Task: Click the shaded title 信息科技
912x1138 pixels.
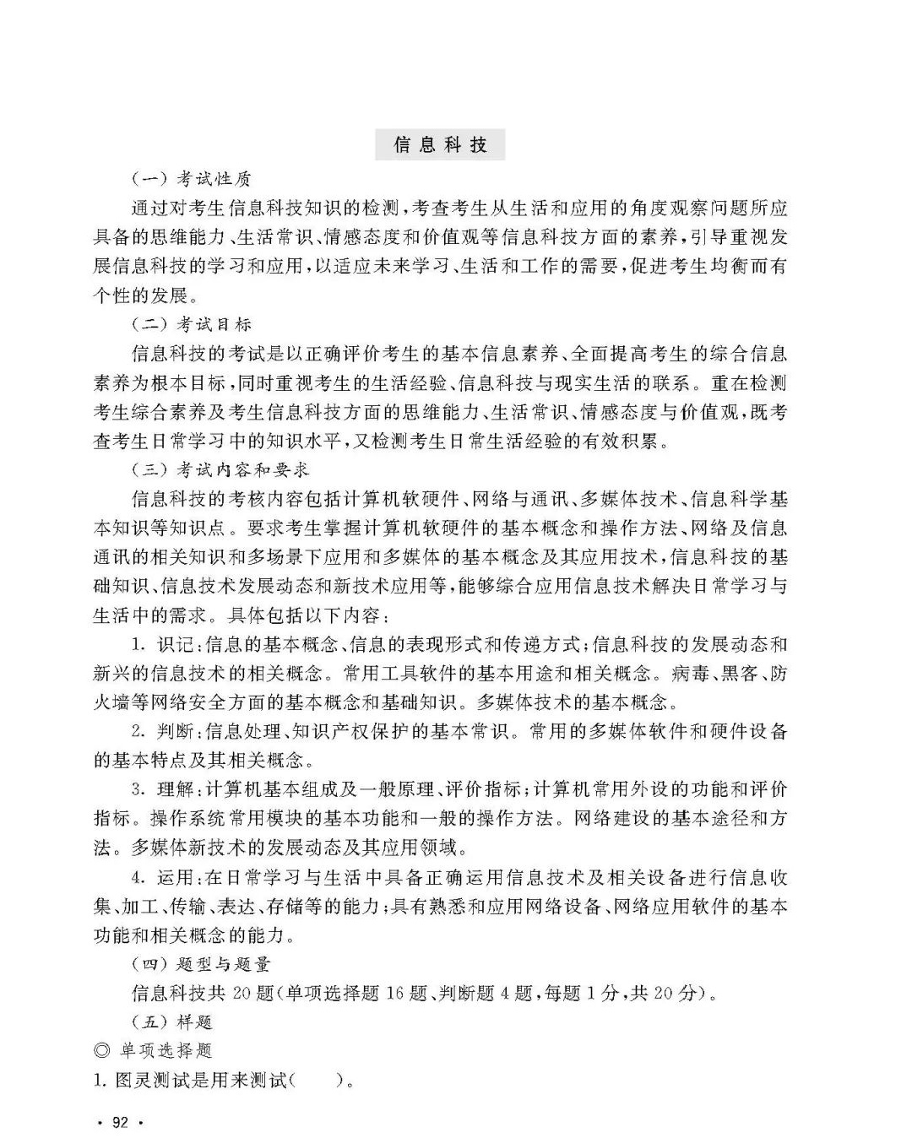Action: tap(440, 144)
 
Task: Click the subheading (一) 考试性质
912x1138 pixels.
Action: tap(192, 178)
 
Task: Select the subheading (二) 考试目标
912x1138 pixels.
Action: tap(192, 324)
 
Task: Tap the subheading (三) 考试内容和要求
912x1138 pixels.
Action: tap(221, 469)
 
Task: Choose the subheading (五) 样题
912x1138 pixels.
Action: tap(172, 1021)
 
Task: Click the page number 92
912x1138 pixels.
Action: tap(119, 1122)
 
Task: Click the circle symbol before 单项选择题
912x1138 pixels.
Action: tap(102, 1050)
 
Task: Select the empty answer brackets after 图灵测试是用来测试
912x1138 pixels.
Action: tap(318, 1080)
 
